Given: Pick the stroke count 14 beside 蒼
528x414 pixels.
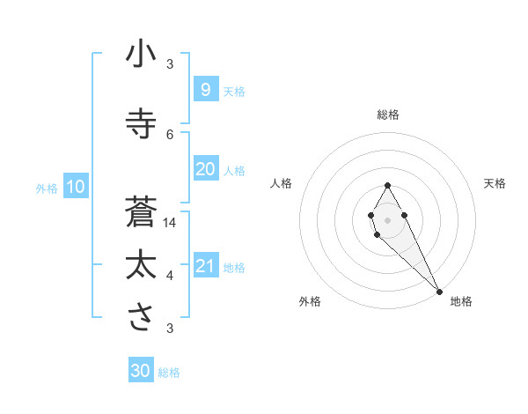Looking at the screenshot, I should click(171, 223).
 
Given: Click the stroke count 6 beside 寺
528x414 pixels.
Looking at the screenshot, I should click(170, 134).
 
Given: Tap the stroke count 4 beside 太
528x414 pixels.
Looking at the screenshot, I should click(170, 276).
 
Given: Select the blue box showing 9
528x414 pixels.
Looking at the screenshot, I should click(205, 89).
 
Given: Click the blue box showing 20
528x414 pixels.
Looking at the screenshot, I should click(205, 169).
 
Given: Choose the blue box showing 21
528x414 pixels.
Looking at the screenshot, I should click(205, 266).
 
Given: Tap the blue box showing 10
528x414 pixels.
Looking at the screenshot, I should click(75, 186).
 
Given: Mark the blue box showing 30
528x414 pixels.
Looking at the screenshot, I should click(141, 371).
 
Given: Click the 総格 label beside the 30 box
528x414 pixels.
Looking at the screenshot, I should click(169, 373).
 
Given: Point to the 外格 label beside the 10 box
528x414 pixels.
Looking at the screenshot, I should click(47, 188).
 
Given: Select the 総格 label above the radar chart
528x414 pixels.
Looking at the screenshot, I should click(388, 115).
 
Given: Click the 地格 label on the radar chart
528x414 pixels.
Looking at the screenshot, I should click(461, 301).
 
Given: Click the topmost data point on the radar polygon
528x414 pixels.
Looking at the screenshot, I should click(388, 185).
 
